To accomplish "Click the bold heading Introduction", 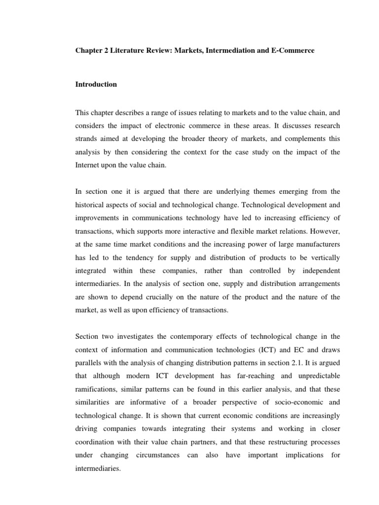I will [x=96, y=84].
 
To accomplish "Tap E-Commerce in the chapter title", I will [x=293, y=51].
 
